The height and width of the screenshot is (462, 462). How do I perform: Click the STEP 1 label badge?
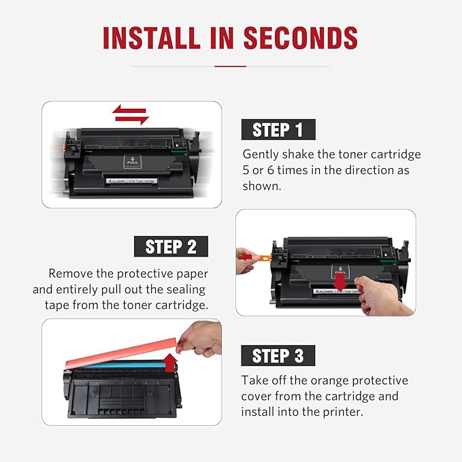278,129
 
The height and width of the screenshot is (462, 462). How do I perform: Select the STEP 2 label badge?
171,246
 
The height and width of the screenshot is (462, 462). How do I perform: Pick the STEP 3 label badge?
278,355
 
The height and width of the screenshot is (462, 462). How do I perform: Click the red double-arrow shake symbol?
131,114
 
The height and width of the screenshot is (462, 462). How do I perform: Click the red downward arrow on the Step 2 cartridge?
340,280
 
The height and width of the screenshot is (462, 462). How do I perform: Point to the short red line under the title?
230,66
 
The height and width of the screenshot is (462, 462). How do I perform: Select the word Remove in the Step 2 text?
70,274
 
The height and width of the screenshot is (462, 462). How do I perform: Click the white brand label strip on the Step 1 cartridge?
131,182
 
